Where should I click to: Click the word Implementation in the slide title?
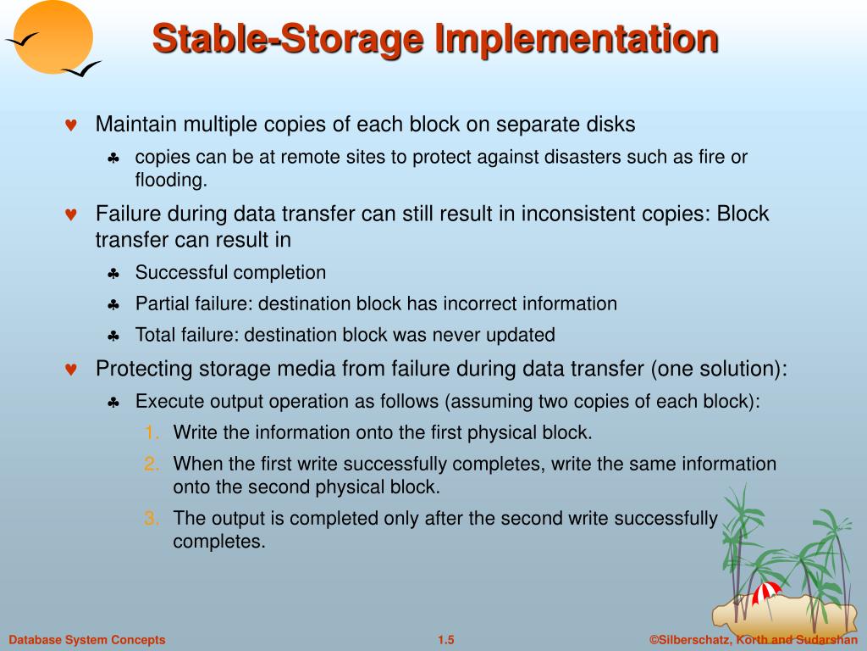tap(577, 39)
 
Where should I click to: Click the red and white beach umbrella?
tap(767, 590)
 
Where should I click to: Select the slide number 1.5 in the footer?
tap(446, 640)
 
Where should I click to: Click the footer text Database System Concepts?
tap(87, 640)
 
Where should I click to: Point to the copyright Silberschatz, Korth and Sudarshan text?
tap(754, 640)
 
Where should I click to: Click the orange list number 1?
tap(152, 433)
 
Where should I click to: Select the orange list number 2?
tap(152, 464)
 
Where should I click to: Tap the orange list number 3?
tap(152, 519)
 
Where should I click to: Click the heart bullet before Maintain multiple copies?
tap(71, 125)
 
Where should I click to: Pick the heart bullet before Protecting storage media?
tap(71, 370)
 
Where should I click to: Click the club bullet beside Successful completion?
tap(113, 274)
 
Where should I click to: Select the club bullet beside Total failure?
tap(113, 336)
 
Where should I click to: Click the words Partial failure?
tap(194, 303)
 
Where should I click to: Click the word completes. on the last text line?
tap(219, 541)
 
